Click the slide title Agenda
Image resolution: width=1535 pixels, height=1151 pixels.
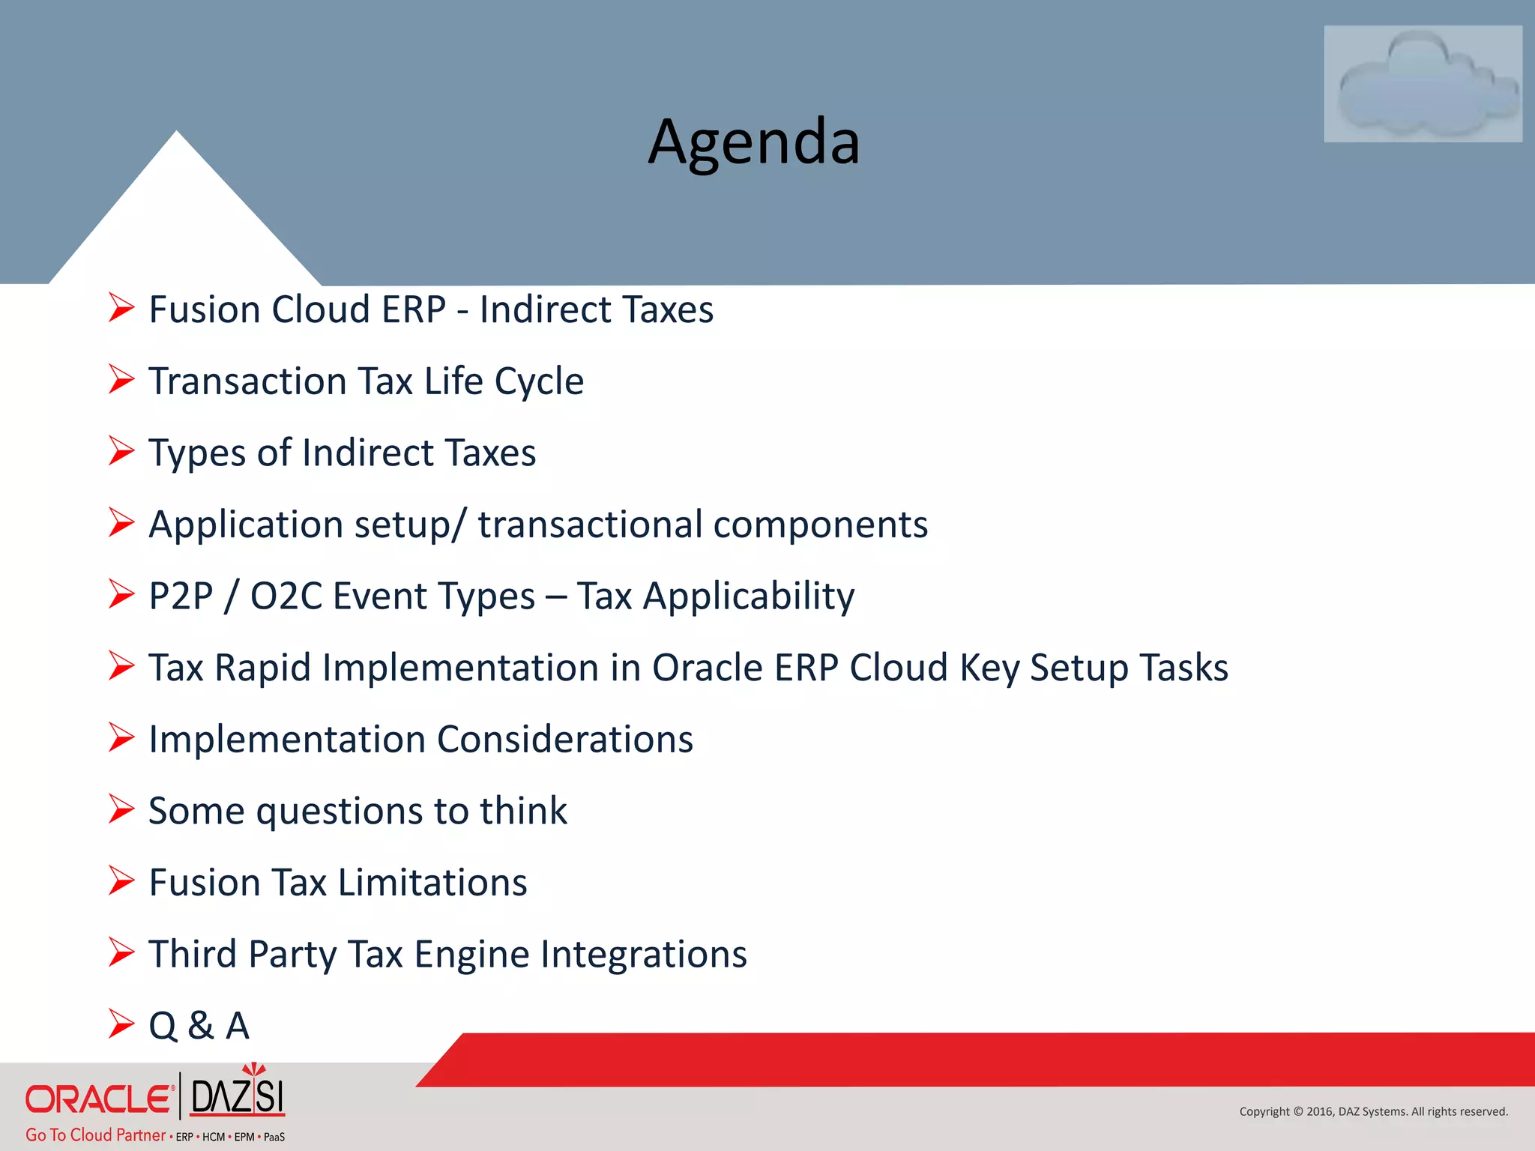tap(753, 142)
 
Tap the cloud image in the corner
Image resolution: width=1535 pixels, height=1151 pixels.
tap(1422, 84)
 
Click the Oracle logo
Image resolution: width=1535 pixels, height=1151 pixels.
tap(99, 1099)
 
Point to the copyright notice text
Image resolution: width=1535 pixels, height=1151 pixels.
tap(1373, 1111)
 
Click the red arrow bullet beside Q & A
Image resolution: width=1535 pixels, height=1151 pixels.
tap(121, 1024)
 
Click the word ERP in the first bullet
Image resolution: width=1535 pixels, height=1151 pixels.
tap(414, 309)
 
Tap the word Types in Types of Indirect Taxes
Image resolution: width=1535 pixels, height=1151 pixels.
tap(197, 453)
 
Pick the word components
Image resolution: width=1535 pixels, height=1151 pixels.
tap(820, 525)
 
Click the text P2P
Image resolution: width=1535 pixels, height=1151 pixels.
tap(181, 596)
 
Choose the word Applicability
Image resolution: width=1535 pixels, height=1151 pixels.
tap(748, 596)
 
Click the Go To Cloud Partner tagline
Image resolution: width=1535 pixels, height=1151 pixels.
tap(95, 1135)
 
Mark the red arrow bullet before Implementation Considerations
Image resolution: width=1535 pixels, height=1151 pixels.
tap(121, 737)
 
